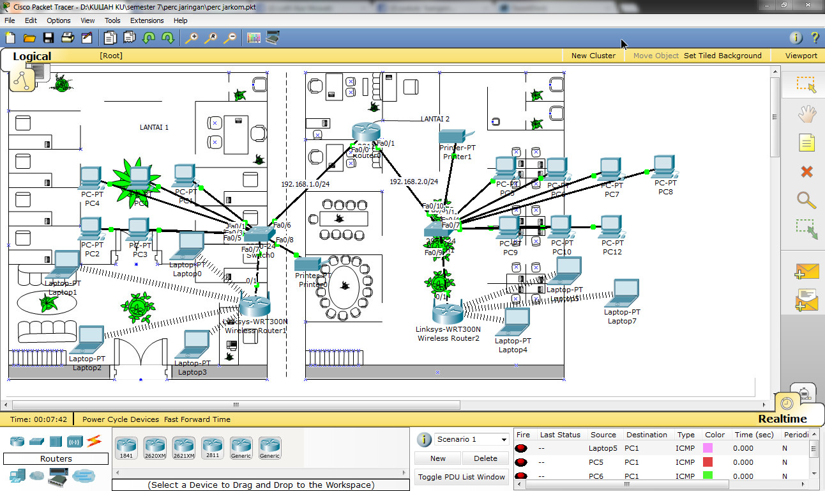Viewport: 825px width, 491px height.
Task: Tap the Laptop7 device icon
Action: click(622, 293)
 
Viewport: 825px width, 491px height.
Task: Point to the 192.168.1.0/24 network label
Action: click(305, 184)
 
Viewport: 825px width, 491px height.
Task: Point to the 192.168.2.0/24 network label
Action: click(414, 182)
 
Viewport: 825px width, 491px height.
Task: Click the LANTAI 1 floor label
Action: click(154, 127)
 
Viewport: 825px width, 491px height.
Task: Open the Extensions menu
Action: click(147, 20)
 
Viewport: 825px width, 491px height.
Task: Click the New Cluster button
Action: click(593, 56)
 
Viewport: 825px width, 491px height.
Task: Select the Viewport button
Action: click(801, 56)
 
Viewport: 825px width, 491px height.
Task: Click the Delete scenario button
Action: click(485, 458)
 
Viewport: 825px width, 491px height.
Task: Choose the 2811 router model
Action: click(212, 446)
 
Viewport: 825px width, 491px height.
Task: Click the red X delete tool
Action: click(806, 171)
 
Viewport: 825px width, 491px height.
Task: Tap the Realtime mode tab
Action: click(782, 419)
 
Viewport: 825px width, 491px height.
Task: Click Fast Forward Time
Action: click(197, 419)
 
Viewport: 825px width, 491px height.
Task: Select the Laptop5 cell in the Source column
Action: click(603, 448)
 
